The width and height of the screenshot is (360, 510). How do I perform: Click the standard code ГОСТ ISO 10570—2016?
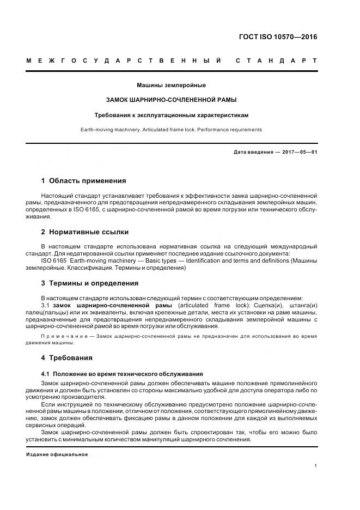[x=278, y=37]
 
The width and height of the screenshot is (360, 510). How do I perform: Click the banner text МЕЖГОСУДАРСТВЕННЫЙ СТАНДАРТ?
[x=172, y=60]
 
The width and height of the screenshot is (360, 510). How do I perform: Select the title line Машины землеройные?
[x=172, y=85]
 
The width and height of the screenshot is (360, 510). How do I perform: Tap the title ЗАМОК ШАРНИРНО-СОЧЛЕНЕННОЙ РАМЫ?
[x=172, y=100]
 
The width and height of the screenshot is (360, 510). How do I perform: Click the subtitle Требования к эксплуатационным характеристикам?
[x=172, y=115]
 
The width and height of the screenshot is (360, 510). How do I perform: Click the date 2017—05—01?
[x=299, y=152]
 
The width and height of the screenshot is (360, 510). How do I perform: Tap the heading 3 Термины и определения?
[x=90, y=283]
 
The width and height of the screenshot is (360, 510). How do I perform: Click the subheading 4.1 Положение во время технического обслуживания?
[x=122, y=374]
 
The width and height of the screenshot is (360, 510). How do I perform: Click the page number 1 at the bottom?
[x=315, y=466]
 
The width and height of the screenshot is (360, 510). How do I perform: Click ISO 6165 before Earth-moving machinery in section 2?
[x=53, y=261]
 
